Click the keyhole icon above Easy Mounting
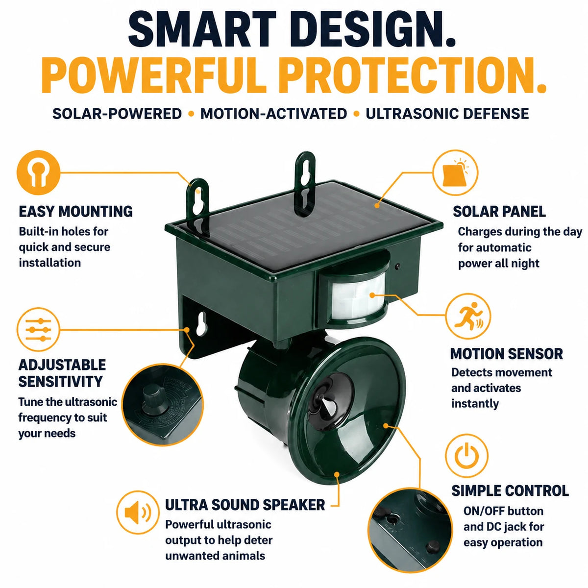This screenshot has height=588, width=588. click(x=38, y=172)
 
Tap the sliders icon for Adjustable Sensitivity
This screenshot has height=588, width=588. click(x=38, y=330)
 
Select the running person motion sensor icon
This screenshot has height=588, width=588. click(x=468, y=316)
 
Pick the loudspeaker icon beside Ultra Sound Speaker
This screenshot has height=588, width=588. click(x=138, y=513)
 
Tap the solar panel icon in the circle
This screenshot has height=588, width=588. click(x=456, y=172)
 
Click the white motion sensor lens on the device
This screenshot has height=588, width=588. click(x=357, y=295)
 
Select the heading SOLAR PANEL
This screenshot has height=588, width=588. click(x=499, y=212)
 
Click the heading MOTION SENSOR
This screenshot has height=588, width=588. click(x=507, y=354)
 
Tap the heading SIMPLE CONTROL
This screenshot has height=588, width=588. click(x=510, y=490)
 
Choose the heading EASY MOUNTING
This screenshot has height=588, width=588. click(x=75, y=212)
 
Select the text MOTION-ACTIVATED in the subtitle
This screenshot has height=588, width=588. click(x=274, y=114)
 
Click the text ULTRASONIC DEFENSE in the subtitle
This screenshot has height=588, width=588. click(x=447, y=114)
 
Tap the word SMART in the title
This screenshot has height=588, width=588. click(x=202, y=29)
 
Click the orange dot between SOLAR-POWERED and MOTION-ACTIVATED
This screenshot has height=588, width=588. click(x=191, y=114)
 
